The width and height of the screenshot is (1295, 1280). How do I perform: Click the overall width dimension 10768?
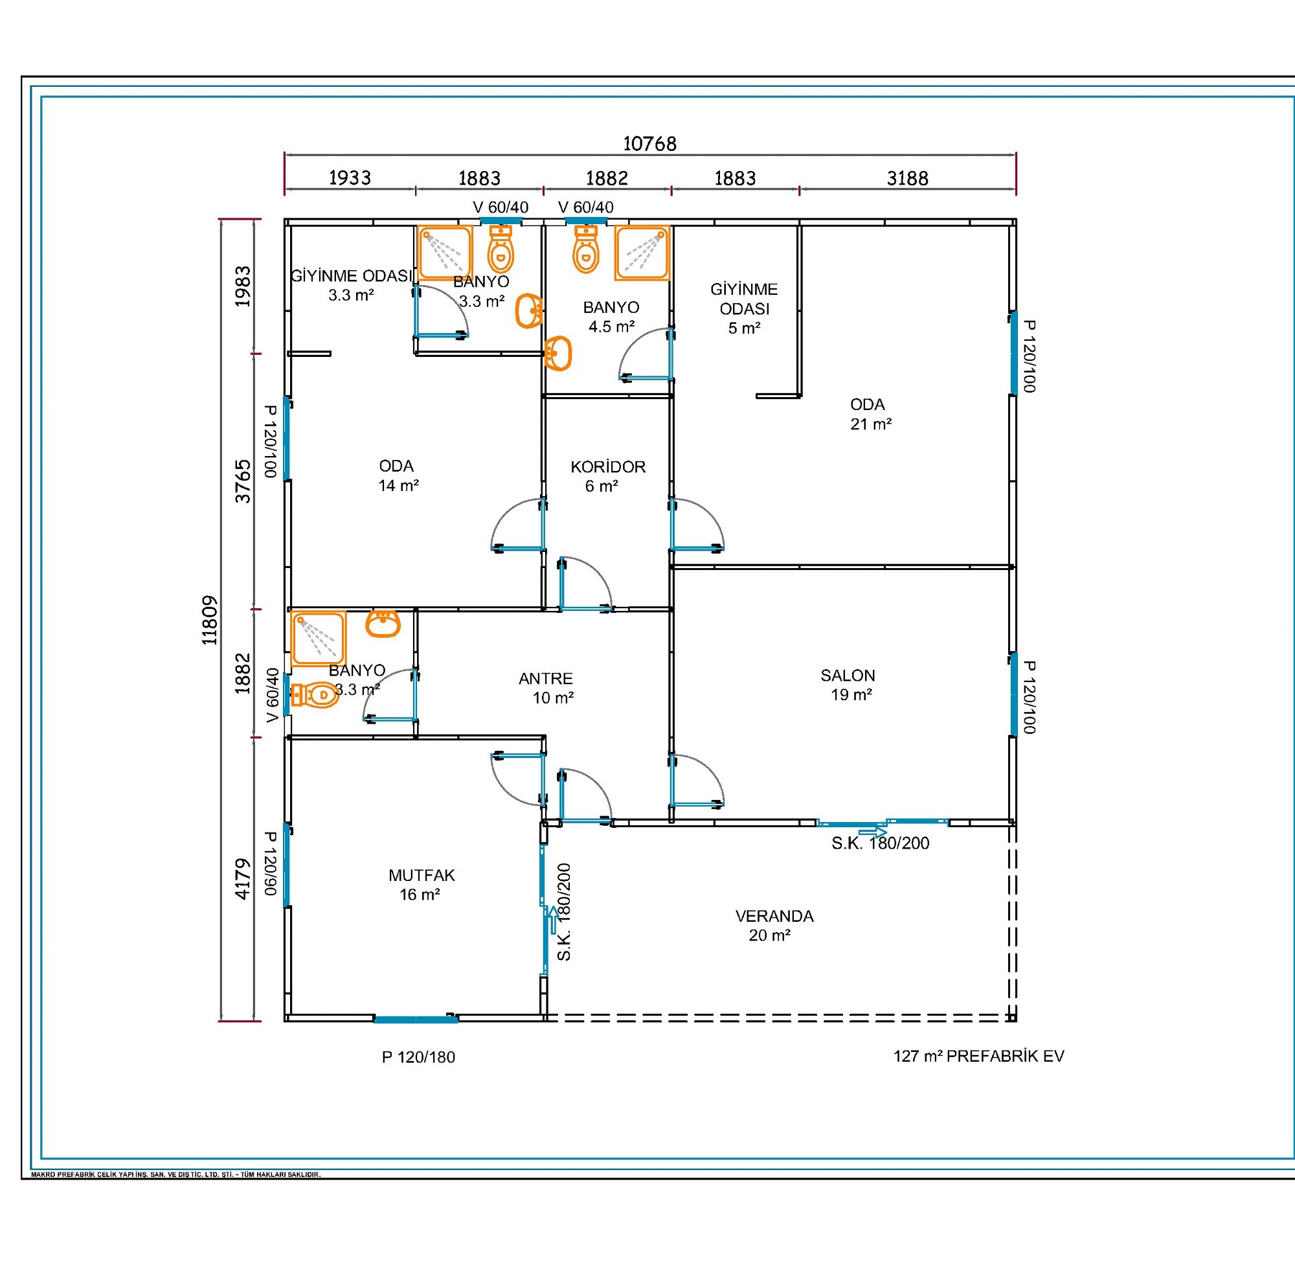[x=649, y=144]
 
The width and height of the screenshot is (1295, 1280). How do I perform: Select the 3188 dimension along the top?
[x=908, y=178]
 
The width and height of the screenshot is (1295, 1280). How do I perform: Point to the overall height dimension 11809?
[x=210, y=620]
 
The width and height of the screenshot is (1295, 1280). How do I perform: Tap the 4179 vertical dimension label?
[x=243, y=879]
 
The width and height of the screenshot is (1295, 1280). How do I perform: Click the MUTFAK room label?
[x=422, y=875]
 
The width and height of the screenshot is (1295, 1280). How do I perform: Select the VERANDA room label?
[x=774, y=916]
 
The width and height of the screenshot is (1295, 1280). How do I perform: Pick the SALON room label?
[x=848, y=675]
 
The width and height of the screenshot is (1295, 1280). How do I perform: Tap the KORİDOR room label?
[x=608, y=466]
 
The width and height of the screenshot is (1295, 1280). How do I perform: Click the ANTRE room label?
[x=546, y=679]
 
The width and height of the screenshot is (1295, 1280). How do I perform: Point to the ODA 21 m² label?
[x=870, y=414]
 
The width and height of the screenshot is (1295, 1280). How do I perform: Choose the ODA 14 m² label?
[x=398, y=475]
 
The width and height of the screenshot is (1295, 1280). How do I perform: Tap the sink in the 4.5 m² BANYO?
[x=557, y=353]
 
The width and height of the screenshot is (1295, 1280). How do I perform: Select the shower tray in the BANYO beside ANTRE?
[x=319, y=639]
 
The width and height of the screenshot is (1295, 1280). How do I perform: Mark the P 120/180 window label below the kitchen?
[x=418, y=1057]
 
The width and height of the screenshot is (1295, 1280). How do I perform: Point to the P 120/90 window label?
[x=270, y=863]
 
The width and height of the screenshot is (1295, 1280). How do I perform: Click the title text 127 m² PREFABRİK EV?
[x=978, y=1056]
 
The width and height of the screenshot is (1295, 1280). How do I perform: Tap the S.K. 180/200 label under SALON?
[x=880, y=843]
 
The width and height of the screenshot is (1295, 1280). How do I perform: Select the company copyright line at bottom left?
[x=175, y=1174]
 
